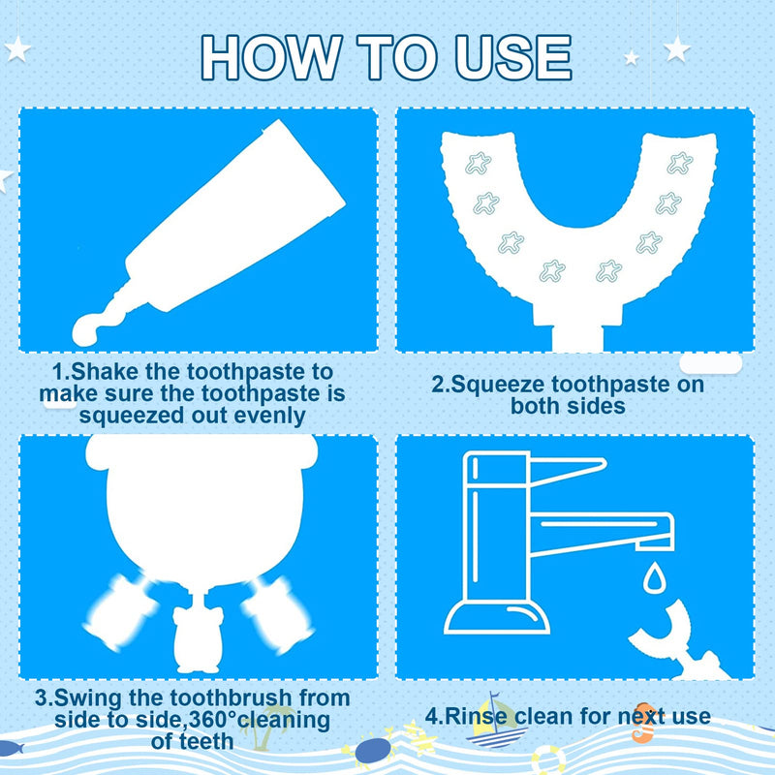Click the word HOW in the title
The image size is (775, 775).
tap(271, 57)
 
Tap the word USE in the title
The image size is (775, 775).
tap(513, 57)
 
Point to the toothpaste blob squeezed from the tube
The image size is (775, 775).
tap(96, 327)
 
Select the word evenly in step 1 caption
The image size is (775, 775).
tap(269, 417)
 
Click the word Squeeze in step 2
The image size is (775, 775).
tap(498, 385)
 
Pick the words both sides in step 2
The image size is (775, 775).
tap(568, 406)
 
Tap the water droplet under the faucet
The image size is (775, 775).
tap(654, 577)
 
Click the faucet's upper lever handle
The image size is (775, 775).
tap(569, 471)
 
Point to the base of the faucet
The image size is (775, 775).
tap(497, 618)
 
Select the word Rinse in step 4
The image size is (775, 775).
tap(477, 716)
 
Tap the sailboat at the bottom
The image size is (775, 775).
tap(495, 722)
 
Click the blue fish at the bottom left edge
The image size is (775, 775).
tap(11, 747)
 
